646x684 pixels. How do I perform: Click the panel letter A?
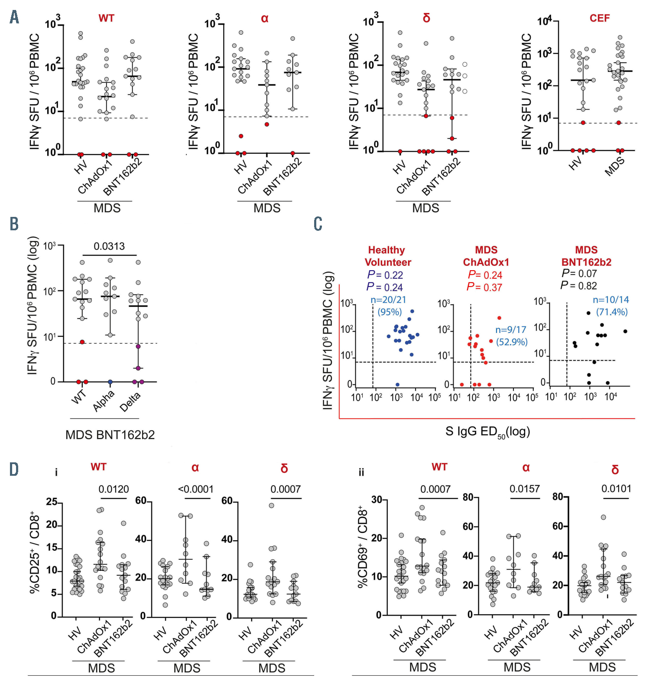14,17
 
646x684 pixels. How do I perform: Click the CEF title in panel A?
600,18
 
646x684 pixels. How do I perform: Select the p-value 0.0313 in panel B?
109,246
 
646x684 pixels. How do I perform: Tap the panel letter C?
318,224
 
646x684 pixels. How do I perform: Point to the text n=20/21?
389,300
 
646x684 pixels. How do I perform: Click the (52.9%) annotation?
512,342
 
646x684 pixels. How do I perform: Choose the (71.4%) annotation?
612,312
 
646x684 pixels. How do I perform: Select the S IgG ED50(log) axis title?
488,432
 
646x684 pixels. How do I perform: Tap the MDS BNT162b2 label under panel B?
110,435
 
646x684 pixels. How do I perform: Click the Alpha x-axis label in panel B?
104,400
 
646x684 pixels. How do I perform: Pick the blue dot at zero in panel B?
110,382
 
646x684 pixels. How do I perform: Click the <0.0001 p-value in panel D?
196,489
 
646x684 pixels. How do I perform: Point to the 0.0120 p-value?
114,489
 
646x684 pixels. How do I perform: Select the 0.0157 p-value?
525,489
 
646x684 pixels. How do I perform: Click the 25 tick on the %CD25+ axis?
52,502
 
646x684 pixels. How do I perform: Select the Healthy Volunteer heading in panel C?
387,256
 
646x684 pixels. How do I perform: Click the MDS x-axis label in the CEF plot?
615,166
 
